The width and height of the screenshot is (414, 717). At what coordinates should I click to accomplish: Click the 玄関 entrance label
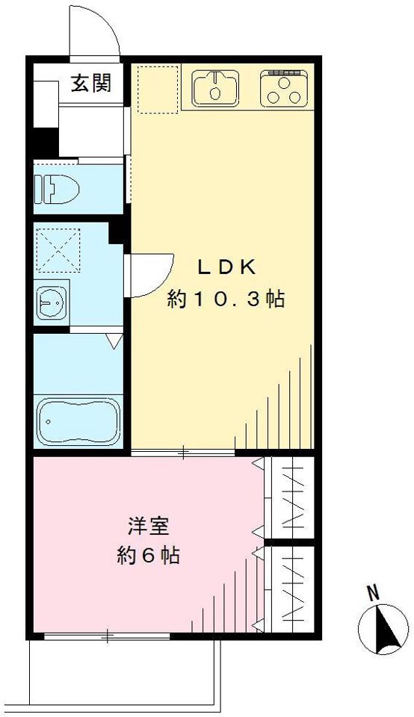tap(91, 84)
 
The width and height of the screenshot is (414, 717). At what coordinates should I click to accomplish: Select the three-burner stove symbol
tap(284, 88)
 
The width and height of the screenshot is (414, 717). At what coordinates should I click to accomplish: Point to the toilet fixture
tap(57, 188)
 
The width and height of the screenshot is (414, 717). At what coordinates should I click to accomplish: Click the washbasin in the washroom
tap(52, 302)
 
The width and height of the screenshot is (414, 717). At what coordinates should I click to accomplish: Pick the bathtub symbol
tap(78, 420)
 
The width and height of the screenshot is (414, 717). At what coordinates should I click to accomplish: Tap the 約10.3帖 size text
tap(226, 300)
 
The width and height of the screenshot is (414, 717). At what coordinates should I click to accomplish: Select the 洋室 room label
tap(149, 527)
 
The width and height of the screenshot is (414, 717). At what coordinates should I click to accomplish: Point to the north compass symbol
tap(383, 628)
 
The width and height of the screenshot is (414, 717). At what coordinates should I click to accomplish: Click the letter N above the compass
tap(374, 593)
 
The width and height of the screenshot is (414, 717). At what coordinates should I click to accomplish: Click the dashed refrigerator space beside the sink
tap(158, 89)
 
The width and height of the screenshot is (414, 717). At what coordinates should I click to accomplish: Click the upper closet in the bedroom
tap(291, 497)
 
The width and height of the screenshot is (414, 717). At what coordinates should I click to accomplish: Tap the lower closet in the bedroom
tap(291, 589)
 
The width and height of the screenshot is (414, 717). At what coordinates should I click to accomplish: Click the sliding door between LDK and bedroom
tap(183, 453)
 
